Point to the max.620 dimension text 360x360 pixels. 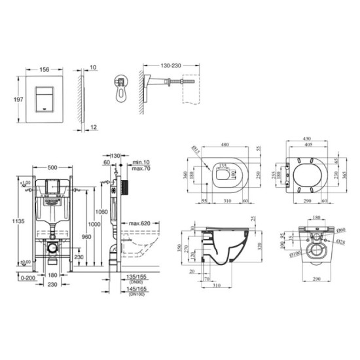139,224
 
